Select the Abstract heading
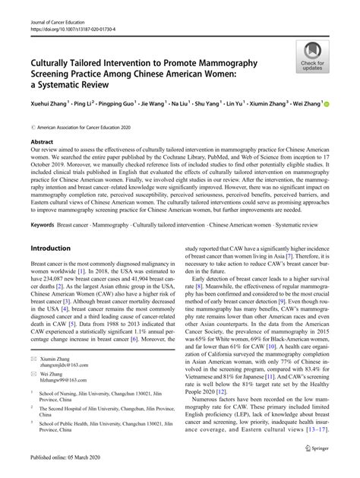[41, 141]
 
